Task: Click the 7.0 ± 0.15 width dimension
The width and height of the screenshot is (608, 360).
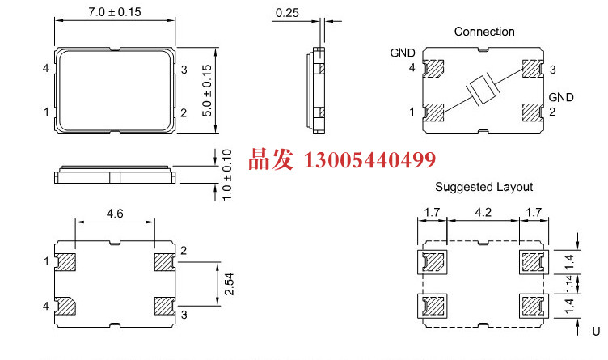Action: pyautogui.click(x=114, y=12)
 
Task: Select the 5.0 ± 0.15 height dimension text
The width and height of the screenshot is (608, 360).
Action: pyautogui.click(x=207, y=91)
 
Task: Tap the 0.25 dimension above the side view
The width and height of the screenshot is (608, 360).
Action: pyautogui.click(x=287, y=13)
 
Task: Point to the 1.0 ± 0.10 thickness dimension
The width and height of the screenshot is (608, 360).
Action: pyautogui.click(x=227, y=175)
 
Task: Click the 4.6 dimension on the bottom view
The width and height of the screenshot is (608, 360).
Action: pyautogui.click(x=115, y=214)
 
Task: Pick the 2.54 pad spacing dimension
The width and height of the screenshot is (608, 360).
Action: pyautogui.click(x=229, y=284)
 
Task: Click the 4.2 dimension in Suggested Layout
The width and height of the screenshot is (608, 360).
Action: pyautogui.click(x=483, y=212)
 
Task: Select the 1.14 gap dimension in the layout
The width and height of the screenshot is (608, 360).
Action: pyautogui.click(x=569, y=284)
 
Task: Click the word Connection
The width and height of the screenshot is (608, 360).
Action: pyautogui.click(x=484, y=32)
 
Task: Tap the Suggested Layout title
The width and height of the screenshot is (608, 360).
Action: pyautogui.click(x=484, y=187)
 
